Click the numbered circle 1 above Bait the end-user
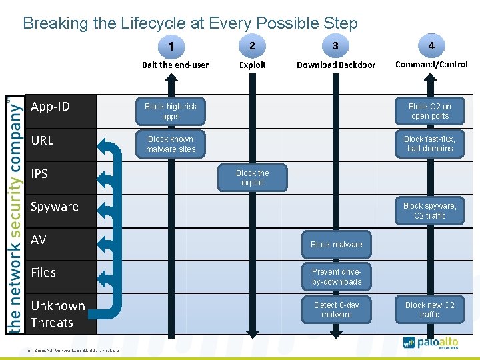(172, 47)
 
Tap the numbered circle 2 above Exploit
(251, 45)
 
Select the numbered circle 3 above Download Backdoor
(335, 45)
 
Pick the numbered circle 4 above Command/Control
(431, 45)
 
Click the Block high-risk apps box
(171, 111)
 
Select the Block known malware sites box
(171, 144)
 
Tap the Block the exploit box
(253, 177)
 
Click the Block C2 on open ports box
(429, 111)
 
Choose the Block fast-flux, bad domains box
(429, 144)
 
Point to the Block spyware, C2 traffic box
(429, 211)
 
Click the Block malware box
(337, 245)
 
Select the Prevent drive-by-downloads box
(337, 277)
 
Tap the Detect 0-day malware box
(337, 310)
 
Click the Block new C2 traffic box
(429, 310)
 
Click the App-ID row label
(51, 107)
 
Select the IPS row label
(39, 174)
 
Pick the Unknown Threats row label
(57, 314)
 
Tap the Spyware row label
(55, 207)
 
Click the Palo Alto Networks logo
(435, 343)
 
